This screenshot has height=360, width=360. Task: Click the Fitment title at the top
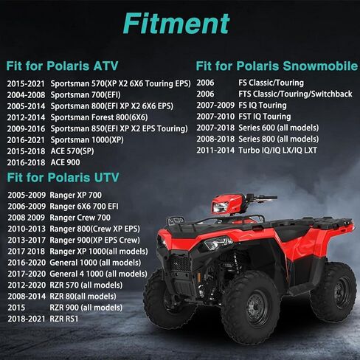click(x=176, y=24)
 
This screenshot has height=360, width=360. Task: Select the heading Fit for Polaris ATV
click(x=62, y=66)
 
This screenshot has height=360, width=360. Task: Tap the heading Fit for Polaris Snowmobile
click(x=277, y=66)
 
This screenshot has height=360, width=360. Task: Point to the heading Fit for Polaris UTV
click(x=63, y=177)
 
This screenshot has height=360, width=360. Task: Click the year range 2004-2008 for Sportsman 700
click(x=26, y=95)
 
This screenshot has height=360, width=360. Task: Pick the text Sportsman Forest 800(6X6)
click(x=99, y=117)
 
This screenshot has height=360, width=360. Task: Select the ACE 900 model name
click(x=65, y=162)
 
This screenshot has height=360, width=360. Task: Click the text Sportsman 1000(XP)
click(x=87, y=140)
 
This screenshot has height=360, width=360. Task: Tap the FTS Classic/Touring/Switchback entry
click(x=295, y=94)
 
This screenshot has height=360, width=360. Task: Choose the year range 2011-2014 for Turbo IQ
click(x=215, y=150)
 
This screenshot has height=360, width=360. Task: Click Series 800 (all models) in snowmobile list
click(x=278, y=139)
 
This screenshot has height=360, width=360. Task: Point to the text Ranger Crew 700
click(x=80, y=218)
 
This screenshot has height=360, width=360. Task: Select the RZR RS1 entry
click(x=64, y=319)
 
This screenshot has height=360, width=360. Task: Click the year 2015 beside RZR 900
click(x=16, y=308)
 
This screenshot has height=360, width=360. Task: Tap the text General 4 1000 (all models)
click(x=98, y=274)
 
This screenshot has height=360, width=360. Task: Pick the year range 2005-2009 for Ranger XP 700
click(x=27, y=195)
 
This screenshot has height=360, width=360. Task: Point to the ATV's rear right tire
click(x=333, y=292)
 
